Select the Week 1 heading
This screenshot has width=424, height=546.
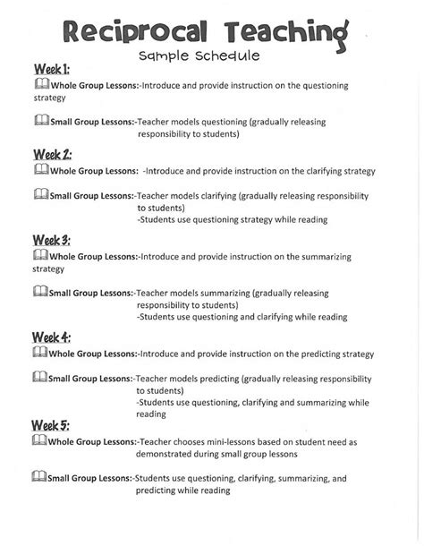tap(52, 69)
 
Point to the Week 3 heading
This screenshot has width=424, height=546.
tap(52, 240)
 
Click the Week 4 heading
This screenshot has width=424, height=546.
tap(52, 337)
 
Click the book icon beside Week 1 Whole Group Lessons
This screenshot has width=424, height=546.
tap(39, 83)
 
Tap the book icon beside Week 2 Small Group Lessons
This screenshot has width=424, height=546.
tap(39, 193)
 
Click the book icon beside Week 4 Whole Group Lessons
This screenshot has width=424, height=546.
tap(39, 353)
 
